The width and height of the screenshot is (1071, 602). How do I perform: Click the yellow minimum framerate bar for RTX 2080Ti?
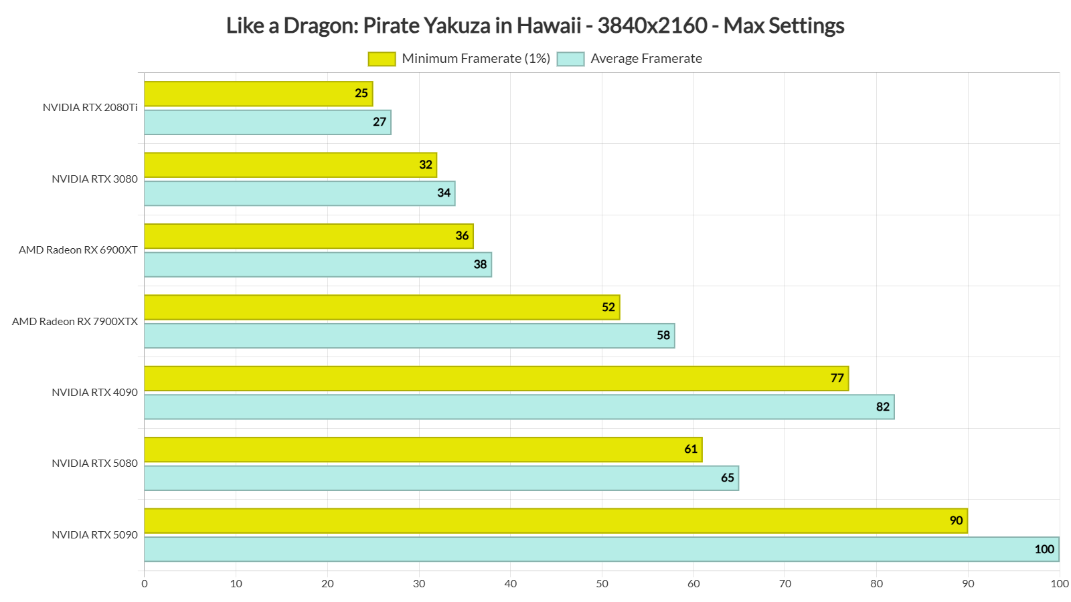click(x=258, y=94)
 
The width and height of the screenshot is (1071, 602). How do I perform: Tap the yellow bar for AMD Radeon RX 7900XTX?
click(x=382, y=307)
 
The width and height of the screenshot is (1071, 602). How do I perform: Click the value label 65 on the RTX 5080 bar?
click(x=728, y=478)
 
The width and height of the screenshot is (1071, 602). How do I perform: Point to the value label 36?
click(x=462, y=235)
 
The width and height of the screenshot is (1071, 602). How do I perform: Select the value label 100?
click(x=1044, y=549)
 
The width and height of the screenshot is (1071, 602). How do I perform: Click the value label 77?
click(x=837, y=378)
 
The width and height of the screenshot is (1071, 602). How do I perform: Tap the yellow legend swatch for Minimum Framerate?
click(x=382, y=59)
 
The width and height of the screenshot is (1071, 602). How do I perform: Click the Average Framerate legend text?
click(x=646, y=59)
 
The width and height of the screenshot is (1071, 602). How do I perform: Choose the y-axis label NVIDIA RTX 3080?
click(x=94, y=179)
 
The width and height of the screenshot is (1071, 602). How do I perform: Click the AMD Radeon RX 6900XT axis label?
click(x=78, y=250)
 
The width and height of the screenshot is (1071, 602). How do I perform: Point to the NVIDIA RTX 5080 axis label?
click(x=94, y=464)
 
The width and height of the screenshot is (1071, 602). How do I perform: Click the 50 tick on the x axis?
click(x=602, y=584)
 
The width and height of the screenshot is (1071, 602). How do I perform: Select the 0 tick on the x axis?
click(x=145, y=584)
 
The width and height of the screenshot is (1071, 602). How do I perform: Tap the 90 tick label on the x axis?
click(x=968, y=584)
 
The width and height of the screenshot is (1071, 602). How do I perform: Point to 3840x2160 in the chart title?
click(x=652, y=25)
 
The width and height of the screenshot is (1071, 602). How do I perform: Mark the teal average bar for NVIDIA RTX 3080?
click(x=299, y=193)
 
